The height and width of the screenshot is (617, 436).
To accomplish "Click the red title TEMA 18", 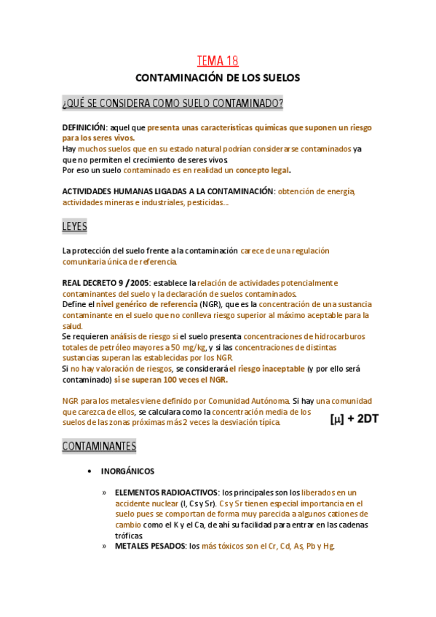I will coord(218,61).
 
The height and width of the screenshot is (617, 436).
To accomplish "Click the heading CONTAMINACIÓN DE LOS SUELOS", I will coord(218,77).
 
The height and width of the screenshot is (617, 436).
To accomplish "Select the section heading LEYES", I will coord(74,227).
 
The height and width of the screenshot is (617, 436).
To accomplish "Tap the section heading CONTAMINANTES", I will coord(99,445).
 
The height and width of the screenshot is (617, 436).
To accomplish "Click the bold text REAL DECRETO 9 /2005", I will coord(106,282).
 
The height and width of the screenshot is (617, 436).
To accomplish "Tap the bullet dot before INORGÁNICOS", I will coord(90,471).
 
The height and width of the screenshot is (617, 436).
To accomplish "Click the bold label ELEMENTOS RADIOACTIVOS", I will coord(167,493).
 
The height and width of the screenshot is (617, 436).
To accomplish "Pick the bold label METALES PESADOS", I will coord(149,546).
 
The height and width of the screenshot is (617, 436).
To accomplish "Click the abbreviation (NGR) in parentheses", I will coord(212,304).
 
